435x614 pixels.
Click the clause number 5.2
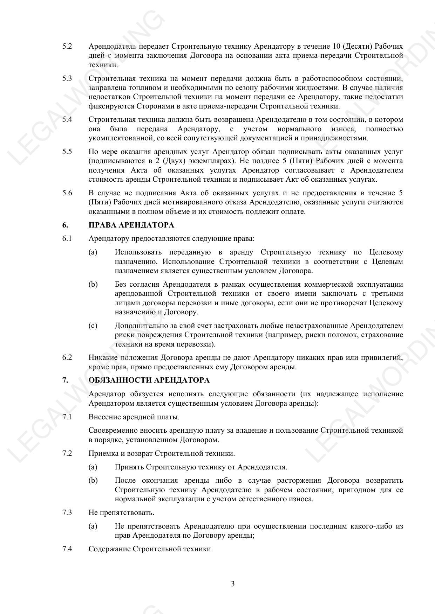(x=67, y=46)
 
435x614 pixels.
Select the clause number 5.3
(x=67, y=78)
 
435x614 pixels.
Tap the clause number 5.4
(x=67, y=120)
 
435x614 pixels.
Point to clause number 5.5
(x=67, y=152)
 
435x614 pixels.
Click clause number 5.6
(x=67, y=193)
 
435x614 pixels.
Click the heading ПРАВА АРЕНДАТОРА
(x=131, y=225)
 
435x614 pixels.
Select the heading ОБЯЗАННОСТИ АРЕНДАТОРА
(x=149, y=381)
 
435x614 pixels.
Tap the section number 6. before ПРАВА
(x=65, y=225)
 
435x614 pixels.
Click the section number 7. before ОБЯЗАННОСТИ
(x=65, y=381)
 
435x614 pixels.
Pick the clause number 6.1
(x=67, y=239)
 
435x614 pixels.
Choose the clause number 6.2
(x=67, y=358)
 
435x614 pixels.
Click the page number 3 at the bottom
(x=233, y=584)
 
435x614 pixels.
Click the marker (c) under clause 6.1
(x=93, y=326)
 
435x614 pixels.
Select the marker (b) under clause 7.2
(x=93, y=481)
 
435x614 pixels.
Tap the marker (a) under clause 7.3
(x=93, y=526)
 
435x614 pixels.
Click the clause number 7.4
(x=67, y=549)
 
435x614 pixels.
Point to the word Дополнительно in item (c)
(x=142, y=326)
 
